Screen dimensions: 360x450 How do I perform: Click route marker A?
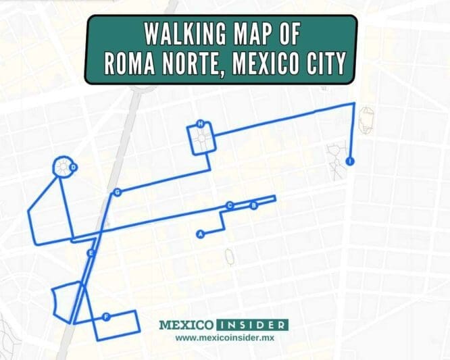point(199,234)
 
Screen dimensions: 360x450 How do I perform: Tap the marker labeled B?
point(254,205)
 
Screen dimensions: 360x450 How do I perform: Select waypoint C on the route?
point(230,205)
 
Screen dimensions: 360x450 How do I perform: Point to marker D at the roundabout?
point(73,168)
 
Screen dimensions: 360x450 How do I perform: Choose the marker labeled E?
point(90,253)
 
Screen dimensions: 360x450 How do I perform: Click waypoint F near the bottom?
point(106,316)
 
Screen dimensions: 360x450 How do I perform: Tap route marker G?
point(118,192)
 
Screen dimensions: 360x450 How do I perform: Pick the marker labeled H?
point(200,124)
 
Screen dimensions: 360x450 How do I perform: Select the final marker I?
point(349,161)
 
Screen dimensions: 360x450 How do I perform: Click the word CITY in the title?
point(322,63)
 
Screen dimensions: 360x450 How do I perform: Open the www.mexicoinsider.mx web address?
point(223,337)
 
